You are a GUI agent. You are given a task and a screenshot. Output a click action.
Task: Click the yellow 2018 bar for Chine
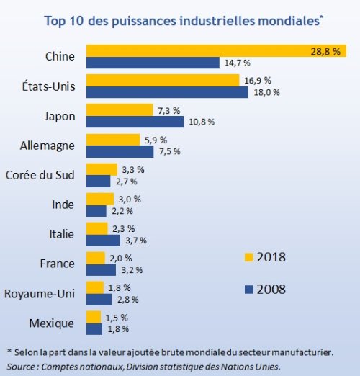[216, 50]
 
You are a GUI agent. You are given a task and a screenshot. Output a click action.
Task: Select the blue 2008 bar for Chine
[153, 63]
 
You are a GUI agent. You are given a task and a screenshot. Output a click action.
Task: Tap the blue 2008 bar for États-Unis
[167, 92]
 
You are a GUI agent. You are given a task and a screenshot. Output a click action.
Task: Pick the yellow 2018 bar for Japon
[120, 109]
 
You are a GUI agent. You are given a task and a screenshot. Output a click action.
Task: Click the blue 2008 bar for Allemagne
[120, 151]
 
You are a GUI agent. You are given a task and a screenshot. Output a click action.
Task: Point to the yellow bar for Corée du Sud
[102, 169]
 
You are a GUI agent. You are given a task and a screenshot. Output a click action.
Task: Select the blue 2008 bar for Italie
[103, 241]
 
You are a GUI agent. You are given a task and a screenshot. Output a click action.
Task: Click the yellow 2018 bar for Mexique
[94, 317]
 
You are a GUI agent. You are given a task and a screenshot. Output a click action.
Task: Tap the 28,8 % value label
[325, 51]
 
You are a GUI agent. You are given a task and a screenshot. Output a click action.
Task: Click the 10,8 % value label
[202, 122]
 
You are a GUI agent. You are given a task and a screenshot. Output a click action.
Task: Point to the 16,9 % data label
[258, 81]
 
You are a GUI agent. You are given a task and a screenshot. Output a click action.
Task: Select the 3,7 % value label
[136, 241]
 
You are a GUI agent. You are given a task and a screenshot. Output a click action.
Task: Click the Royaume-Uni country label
[40, 294]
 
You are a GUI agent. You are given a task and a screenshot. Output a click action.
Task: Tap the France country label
[57, 264]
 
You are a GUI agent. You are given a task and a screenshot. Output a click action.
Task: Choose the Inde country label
[63, 205]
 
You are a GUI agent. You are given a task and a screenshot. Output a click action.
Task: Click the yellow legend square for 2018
[249, 257]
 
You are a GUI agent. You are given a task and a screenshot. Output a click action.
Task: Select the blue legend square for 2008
[249, 290]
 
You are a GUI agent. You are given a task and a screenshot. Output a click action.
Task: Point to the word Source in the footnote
[21, 367]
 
